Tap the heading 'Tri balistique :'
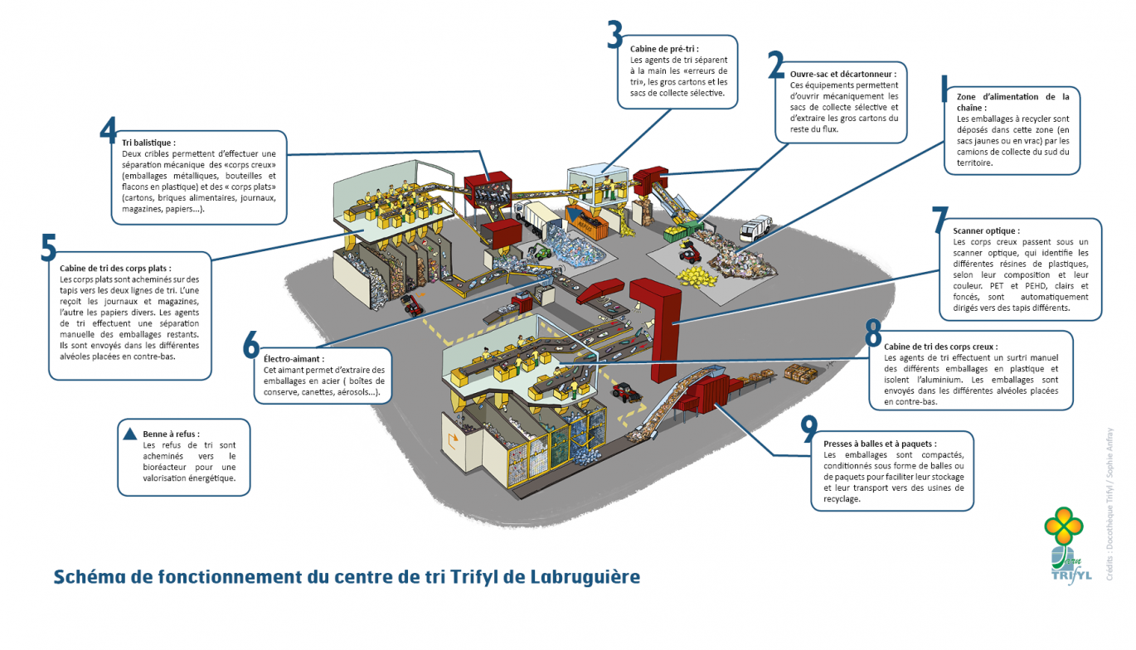pos(148,143)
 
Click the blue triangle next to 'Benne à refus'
pos(129,433)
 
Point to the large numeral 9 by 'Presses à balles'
pos(808,429)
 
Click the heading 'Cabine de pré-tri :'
pos(664,49)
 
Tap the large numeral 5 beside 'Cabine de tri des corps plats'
pos(49,247)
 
